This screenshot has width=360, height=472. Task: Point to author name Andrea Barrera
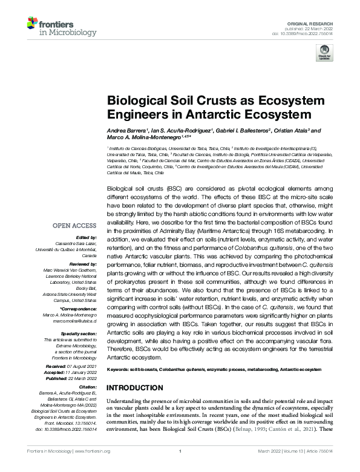point(129,131)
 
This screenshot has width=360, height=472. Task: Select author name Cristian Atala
point(293,131)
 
